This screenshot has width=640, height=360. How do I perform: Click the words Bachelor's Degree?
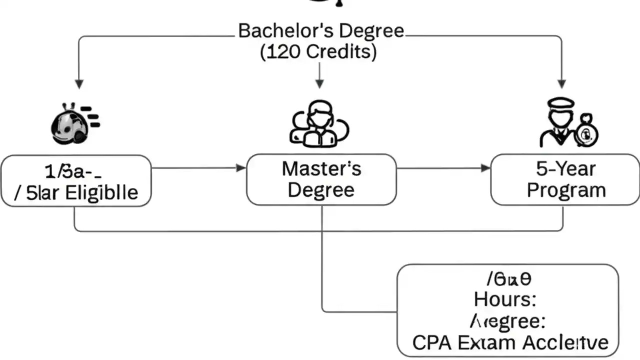pos(321,31)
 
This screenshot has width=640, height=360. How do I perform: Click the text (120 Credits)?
pos(318,51)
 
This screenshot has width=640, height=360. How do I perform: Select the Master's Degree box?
pos(321,179)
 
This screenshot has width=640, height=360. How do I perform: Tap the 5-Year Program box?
pos(565,179)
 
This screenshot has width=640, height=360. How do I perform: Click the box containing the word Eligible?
pos(75,180)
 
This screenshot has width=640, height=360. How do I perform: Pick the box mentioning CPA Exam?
pos(507,310)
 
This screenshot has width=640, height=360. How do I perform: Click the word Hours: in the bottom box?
pos(505,299)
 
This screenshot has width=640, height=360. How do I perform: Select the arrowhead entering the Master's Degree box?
pos(241,168)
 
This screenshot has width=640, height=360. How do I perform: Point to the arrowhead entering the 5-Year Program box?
pos(485,168)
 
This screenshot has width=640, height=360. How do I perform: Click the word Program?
pos(566,190)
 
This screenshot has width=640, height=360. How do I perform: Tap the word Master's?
pos(321,169)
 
